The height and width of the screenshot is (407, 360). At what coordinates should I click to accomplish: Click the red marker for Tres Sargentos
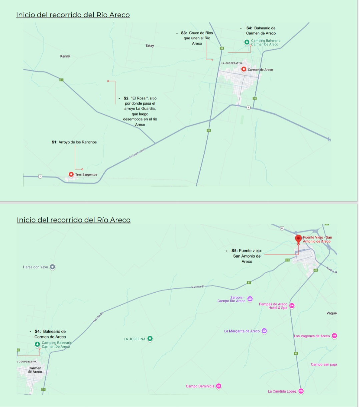coord(71,174)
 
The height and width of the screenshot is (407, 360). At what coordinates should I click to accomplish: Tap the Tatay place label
coord(150,46)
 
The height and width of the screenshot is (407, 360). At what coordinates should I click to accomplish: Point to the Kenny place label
coord(65,56)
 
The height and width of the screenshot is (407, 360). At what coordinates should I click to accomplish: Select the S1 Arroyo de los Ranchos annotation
coord(74,142)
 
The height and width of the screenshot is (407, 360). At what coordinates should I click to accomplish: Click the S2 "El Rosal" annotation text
coord(140,111)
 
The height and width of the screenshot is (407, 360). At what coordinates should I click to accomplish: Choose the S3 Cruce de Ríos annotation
coord(197,38)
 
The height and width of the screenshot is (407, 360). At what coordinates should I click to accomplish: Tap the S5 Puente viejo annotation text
coord(247,256)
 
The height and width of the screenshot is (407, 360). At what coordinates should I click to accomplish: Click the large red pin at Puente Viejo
coord(298,239)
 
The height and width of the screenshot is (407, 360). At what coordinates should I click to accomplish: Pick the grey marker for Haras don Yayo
coord(52,267)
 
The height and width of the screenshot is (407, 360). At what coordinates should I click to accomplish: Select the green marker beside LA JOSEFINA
coord(150,339)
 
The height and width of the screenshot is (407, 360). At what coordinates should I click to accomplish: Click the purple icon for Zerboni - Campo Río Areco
coord(250,299)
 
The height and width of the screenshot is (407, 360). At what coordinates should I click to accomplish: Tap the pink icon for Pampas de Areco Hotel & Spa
coord(292,306)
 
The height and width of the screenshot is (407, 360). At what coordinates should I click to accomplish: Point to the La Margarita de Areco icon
coord(264,331)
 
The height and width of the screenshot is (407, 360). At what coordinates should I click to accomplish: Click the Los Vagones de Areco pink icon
coord(334,336)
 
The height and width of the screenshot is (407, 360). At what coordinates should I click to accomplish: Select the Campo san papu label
coord(324,364)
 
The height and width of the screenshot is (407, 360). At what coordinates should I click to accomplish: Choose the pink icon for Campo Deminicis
coord(219,386)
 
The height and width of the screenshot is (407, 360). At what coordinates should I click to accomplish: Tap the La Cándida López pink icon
coord(301,391)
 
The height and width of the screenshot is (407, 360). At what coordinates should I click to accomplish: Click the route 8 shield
coord(282,229)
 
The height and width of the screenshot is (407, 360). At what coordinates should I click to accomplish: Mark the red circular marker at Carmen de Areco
coord(244,69)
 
